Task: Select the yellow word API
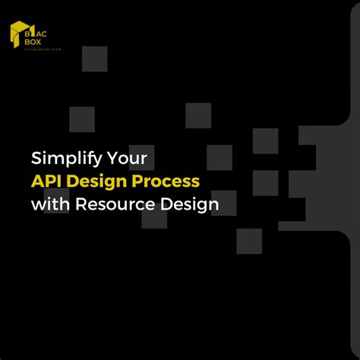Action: [46, 182]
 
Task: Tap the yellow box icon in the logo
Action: [17, 34]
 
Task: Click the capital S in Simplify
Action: [36, 159]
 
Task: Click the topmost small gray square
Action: [95, 58]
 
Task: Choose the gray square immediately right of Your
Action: [219, 157]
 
